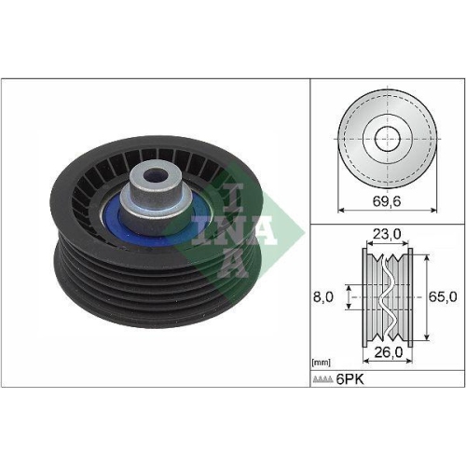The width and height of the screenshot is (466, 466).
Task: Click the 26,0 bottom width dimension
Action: coord(386,353)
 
